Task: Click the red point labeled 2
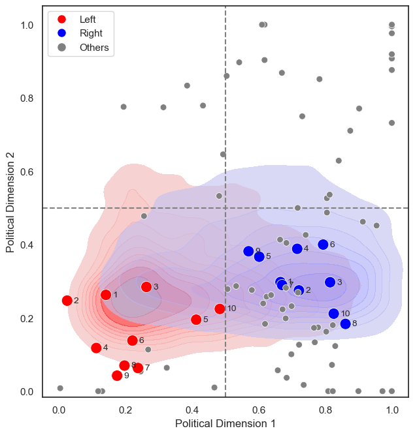pos(67,301)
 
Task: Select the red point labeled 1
pos(106,295)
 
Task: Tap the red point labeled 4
pos(96,348)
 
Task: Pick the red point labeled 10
pos(220,308)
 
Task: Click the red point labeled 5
pos(196,320)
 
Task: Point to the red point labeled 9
pos(117,376)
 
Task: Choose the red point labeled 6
pos(133,340)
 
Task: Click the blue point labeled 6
pos(323,245)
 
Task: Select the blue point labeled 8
pos(345,323)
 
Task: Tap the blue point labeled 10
pos(334,314)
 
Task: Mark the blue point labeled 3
pos(330,282)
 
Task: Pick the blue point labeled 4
pos(297,248)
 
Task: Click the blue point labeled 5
pos(259,257)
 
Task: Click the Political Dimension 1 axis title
pos(225,423)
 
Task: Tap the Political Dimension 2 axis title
pos(11,198)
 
